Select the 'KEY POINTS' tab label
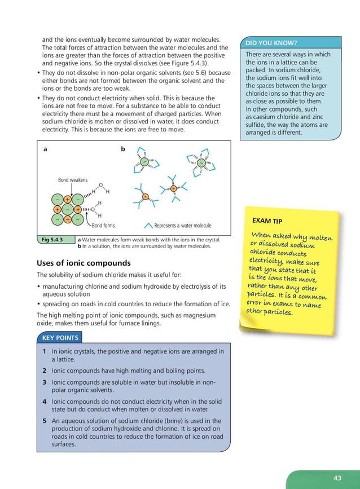click(x=60, y=338)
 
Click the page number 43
click(x=337, y=478)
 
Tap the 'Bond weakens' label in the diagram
click(x=73, y=180)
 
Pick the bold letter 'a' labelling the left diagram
click(x=45, y=149)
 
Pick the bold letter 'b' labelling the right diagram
click(x=123, y=149)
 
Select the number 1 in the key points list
click(x=44, y=351)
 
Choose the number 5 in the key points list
click(x=44, y=421)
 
